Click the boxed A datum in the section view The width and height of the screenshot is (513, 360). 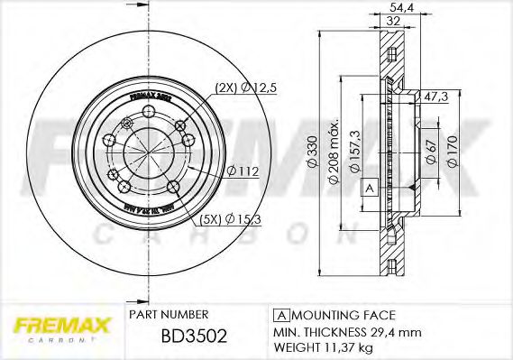click(x=370, y=188)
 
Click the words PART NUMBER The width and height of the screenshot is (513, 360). click(x=169, y=315)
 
